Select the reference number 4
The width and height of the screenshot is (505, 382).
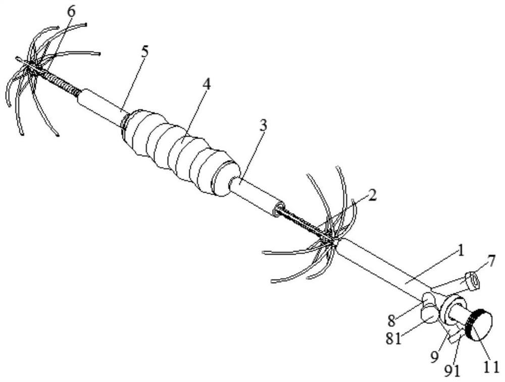click(206, 84)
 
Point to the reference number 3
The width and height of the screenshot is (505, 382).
click(263, 126)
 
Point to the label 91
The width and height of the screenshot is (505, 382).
click(452, 370)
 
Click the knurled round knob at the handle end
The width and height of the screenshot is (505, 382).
click(478, 325)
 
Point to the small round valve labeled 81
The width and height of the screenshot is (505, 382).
click(428, 314)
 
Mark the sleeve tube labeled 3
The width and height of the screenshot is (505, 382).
click(255, 195)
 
